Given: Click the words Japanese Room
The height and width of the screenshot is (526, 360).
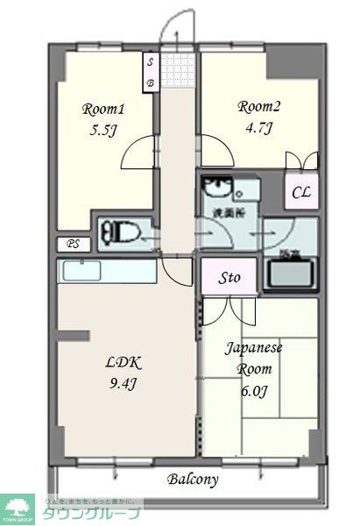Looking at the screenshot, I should (255, 358).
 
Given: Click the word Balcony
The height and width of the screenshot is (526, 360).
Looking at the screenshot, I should (193, 480).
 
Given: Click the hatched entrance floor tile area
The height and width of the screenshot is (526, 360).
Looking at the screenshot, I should (178, 68).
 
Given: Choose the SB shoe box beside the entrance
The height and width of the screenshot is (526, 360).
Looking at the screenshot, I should (151, 72).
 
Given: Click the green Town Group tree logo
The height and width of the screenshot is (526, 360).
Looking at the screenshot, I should (18, 506).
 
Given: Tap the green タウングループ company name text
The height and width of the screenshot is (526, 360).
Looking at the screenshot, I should (90, 512).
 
